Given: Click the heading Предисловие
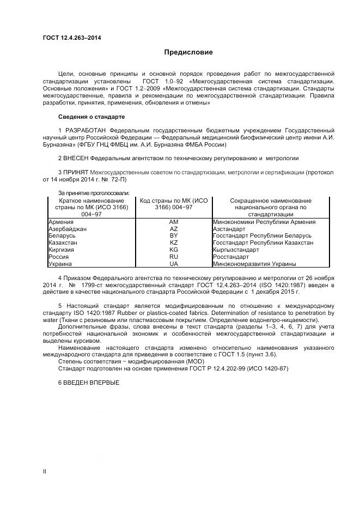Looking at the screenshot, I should pos(188,52).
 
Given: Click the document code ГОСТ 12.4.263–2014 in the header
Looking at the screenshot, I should pos(71,38).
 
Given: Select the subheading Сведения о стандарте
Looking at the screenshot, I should pos(91,117).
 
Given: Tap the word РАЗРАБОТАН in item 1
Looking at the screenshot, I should pos(86,131).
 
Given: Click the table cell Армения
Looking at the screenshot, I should pos(61,222).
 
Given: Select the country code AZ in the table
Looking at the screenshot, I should pos(174,229).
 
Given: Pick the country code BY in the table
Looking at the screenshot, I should pos(174,236).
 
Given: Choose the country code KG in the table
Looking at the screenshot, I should pos(174,250).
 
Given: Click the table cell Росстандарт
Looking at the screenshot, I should pos(231,257).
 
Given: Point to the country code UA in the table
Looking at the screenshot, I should pos(174,264).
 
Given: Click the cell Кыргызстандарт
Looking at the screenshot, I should pos(236,250).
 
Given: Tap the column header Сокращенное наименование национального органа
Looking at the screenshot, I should pos(270,208).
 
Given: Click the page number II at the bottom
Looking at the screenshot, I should pos(45,471).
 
